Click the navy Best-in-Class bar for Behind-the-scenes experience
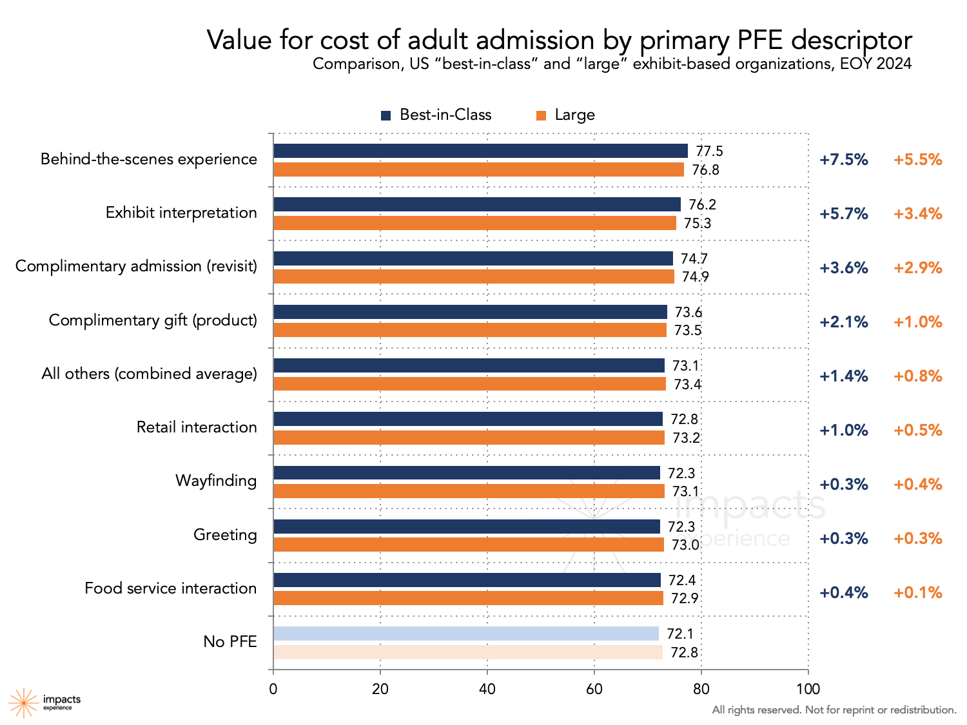point(480,151)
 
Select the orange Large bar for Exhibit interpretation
point(474,223)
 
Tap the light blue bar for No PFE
point(465,633)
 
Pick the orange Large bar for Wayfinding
point(469,491)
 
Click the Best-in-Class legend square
point(386,115)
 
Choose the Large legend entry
point(565,115)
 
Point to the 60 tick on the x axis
point(594,689)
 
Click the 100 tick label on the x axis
point(808,689)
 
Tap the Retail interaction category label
point(197,427)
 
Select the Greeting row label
point(225,535)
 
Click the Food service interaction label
point(171,588)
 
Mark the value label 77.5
point(709,151)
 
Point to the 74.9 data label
point(695,277)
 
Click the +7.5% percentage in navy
point(843,160)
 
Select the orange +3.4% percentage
point(917,214)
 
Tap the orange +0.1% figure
point(917,593)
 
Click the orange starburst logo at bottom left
point(23,702)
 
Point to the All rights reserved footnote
point(834,710)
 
